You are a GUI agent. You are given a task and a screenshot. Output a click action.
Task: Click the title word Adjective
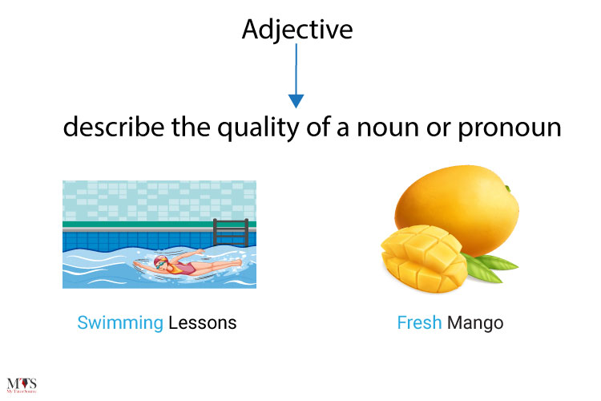pyautogui.click(x=297, y=30)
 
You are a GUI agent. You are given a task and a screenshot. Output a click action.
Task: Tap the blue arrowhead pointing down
pyautogui.click(x=296, y=101)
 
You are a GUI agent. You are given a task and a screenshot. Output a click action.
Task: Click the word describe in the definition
pyautogui.click(x=114, y=127)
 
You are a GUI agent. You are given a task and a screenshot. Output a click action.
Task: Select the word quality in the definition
pyautogui.click(x=258, y=128)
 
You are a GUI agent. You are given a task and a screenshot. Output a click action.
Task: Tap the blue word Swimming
pyautogui.click(x=120, y=323)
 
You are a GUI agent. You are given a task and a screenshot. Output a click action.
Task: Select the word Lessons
pyautogui.click(x=203, y=322)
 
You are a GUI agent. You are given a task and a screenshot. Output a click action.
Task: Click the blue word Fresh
pyautogui.click(x=419, y=322)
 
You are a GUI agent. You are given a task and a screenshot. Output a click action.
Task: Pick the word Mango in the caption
pyautogui.click(x=475, y=323)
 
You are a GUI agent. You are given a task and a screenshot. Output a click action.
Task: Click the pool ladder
pyautogui.click(x=231, y=232)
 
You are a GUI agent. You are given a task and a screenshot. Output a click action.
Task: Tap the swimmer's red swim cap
pyautogui.click(x=159, y=261)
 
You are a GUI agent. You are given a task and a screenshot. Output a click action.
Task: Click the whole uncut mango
pyautogui.click(x=458, y=207)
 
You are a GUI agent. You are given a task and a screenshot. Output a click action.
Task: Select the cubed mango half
pyautogui.click(x=424, y=259)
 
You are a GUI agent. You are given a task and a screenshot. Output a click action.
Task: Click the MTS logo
pyautogui.click(x=22, y=385)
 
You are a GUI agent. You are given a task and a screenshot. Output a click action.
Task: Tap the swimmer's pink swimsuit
pyautogui.click(x=185, y=269)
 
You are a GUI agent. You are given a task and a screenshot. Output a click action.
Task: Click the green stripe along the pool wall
pyautogui.click(x=159, y=224)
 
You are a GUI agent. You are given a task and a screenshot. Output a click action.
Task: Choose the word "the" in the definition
pyautogui.click(x=191, y=127)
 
